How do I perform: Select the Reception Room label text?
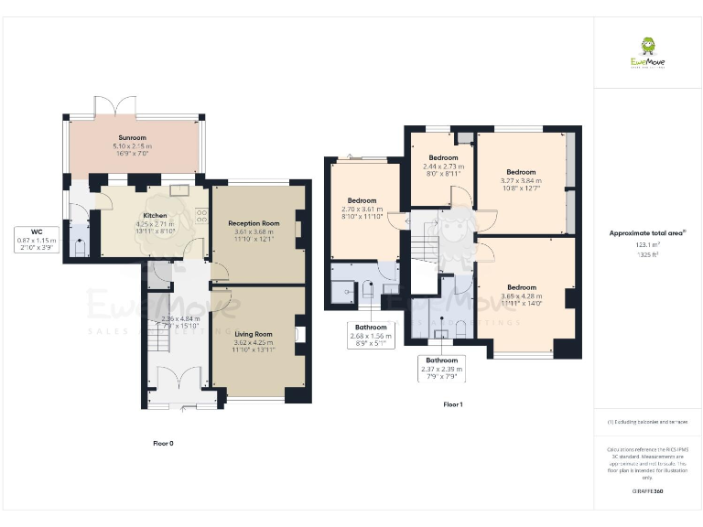click(x=254, y=222)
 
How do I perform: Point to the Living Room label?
click(x=254, y=335)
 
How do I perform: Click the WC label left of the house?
click(x=37, y=231)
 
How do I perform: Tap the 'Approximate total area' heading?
click(x=646, y=233)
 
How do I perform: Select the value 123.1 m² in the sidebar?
click(x=646, y=245)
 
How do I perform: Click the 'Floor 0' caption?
click(x=163, y=443)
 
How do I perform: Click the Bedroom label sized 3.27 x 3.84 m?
click(x=521, y=171)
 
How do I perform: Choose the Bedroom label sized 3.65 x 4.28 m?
click(x=521, y=287)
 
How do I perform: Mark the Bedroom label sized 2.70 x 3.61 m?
click(x=362, y=200)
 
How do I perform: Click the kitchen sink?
click(x=179, y=190)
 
